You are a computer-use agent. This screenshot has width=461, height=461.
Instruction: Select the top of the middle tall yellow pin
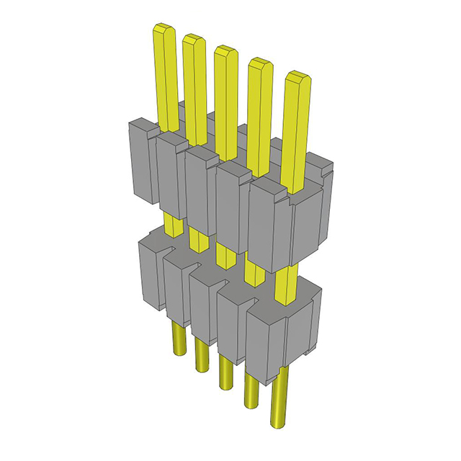pyautogui.click(x=225, y=51)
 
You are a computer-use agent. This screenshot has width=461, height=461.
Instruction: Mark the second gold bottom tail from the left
pyautogui.click(x=200, y=356)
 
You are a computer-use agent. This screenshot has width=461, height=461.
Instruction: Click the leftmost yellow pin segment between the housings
pyautogui.click(x=171, y=223)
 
